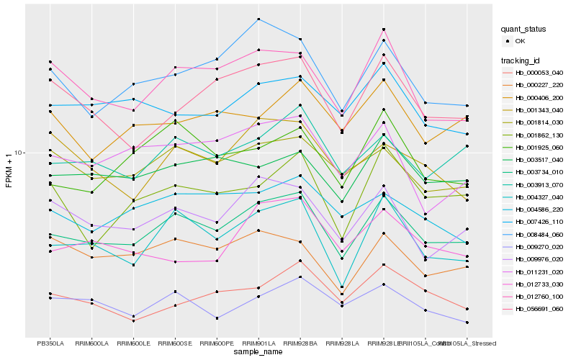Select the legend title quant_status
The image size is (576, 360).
523,30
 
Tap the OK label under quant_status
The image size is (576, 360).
519,42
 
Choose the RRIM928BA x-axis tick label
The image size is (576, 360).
300,343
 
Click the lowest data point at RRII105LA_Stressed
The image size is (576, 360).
467,323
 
